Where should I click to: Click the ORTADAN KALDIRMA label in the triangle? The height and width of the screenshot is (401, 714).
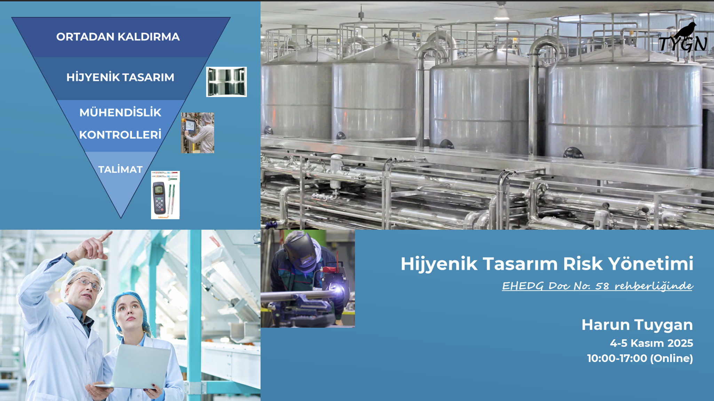pos(118,37)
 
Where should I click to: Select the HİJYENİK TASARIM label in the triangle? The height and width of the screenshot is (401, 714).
pos(120,77)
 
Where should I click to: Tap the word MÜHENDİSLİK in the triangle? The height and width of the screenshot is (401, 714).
pos(120,112)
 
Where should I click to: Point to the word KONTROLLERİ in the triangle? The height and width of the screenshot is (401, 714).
pos(120,135)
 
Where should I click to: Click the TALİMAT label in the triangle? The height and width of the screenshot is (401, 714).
pos(120,170)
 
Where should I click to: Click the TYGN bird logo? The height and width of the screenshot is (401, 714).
pos(683,38)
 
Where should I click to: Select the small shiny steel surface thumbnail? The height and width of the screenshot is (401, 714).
pos(227,82)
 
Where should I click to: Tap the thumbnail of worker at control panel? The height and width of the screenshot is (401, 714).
pos(197,133)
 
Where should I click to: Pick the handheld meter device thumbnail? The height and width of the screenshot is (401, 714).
pos(165,195)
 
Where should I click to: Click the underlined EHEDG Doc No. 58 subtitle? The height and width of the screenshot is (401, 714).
pos(597,286)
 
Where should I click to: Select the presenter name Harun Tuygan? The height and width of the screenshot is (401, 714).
pos(637,325)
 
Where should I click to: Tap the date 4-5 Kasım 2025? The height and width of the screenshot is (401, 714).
pos(651,343)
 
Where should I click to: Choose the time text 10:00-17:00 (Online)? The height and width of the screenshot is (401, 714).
pos(640,358)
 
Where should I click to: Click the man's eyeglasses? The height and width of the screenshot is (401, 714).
pos(87,284)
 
